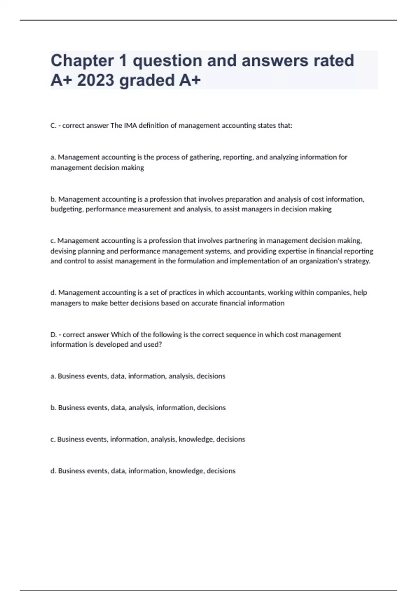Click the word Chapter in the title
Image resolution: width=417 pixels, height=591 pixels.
pos(82,60)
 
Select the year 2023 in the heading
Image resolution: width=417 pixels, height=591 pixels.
pos(96,80)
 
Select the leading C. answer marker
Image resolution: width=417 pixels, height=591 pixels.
pos(54,126)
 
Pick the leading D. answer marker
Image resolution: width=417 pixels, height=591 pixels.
pos(54,335)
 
